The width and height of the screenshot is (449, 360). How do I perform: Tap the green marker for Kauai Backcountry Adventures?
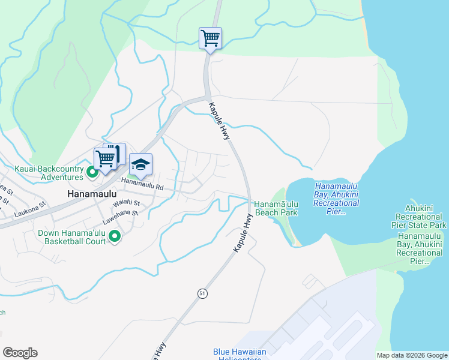[92, 173]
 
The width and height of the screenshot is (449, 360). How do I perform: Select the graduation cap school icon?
[140, 165]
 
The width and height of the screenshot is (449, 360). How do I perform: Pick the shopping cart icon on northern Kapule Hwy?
[211, 38]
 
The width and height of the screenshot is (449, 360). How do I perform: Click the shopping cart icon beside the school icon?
[106, 159]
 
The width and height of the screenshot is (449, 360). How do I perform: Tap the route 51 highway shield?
[203, 292]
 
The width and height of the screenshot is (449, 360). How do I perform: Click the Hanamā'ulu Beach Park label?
[276, 208]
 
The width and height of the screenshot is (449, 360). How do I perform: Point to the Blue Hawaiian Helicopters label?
[238, 355]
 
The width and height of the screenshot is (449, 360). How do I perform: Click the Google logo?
[20, 353]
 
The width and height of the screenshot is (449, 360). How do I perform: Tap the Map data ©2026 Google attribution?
[411, 355]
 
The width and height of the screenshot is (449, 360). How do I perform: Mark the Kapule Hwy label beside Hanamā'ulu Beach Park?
[242, 232]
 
